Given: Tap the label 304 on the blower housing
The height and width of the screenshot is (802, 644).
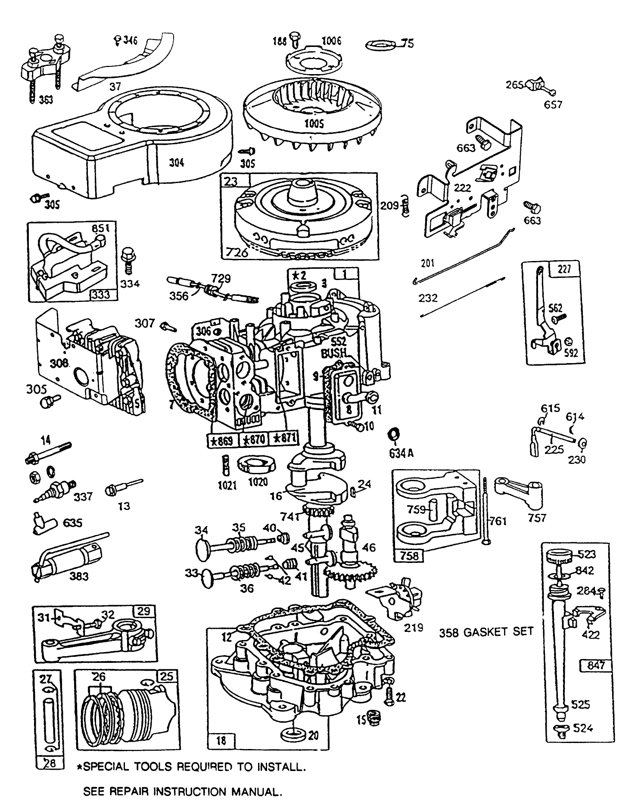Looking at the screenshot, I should click(x=176, y=162).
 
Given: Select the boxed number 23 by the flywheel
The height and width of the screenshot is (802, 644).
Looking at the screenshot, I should click(x=231, y=181).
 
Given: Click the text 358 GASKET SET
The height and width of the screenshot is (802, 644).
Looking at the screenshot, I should click(x=486, y=632).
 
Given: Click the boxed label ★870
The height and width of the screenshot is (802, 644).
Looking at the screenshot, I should click(x=254, y=440).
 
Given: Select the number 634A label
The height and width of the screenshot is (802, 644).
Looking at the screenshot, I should click(x=401, y=453).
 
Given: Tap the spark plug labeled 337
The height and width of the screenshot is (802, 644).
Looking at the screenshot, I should click(x=55, y=490).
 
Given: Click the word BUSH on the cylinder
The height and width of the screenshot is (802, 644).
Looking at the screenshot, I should click(x=334, y=353).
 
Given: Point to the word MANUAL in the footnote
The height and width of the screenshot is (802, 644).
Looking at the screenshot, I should click(x=258, y=792).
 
